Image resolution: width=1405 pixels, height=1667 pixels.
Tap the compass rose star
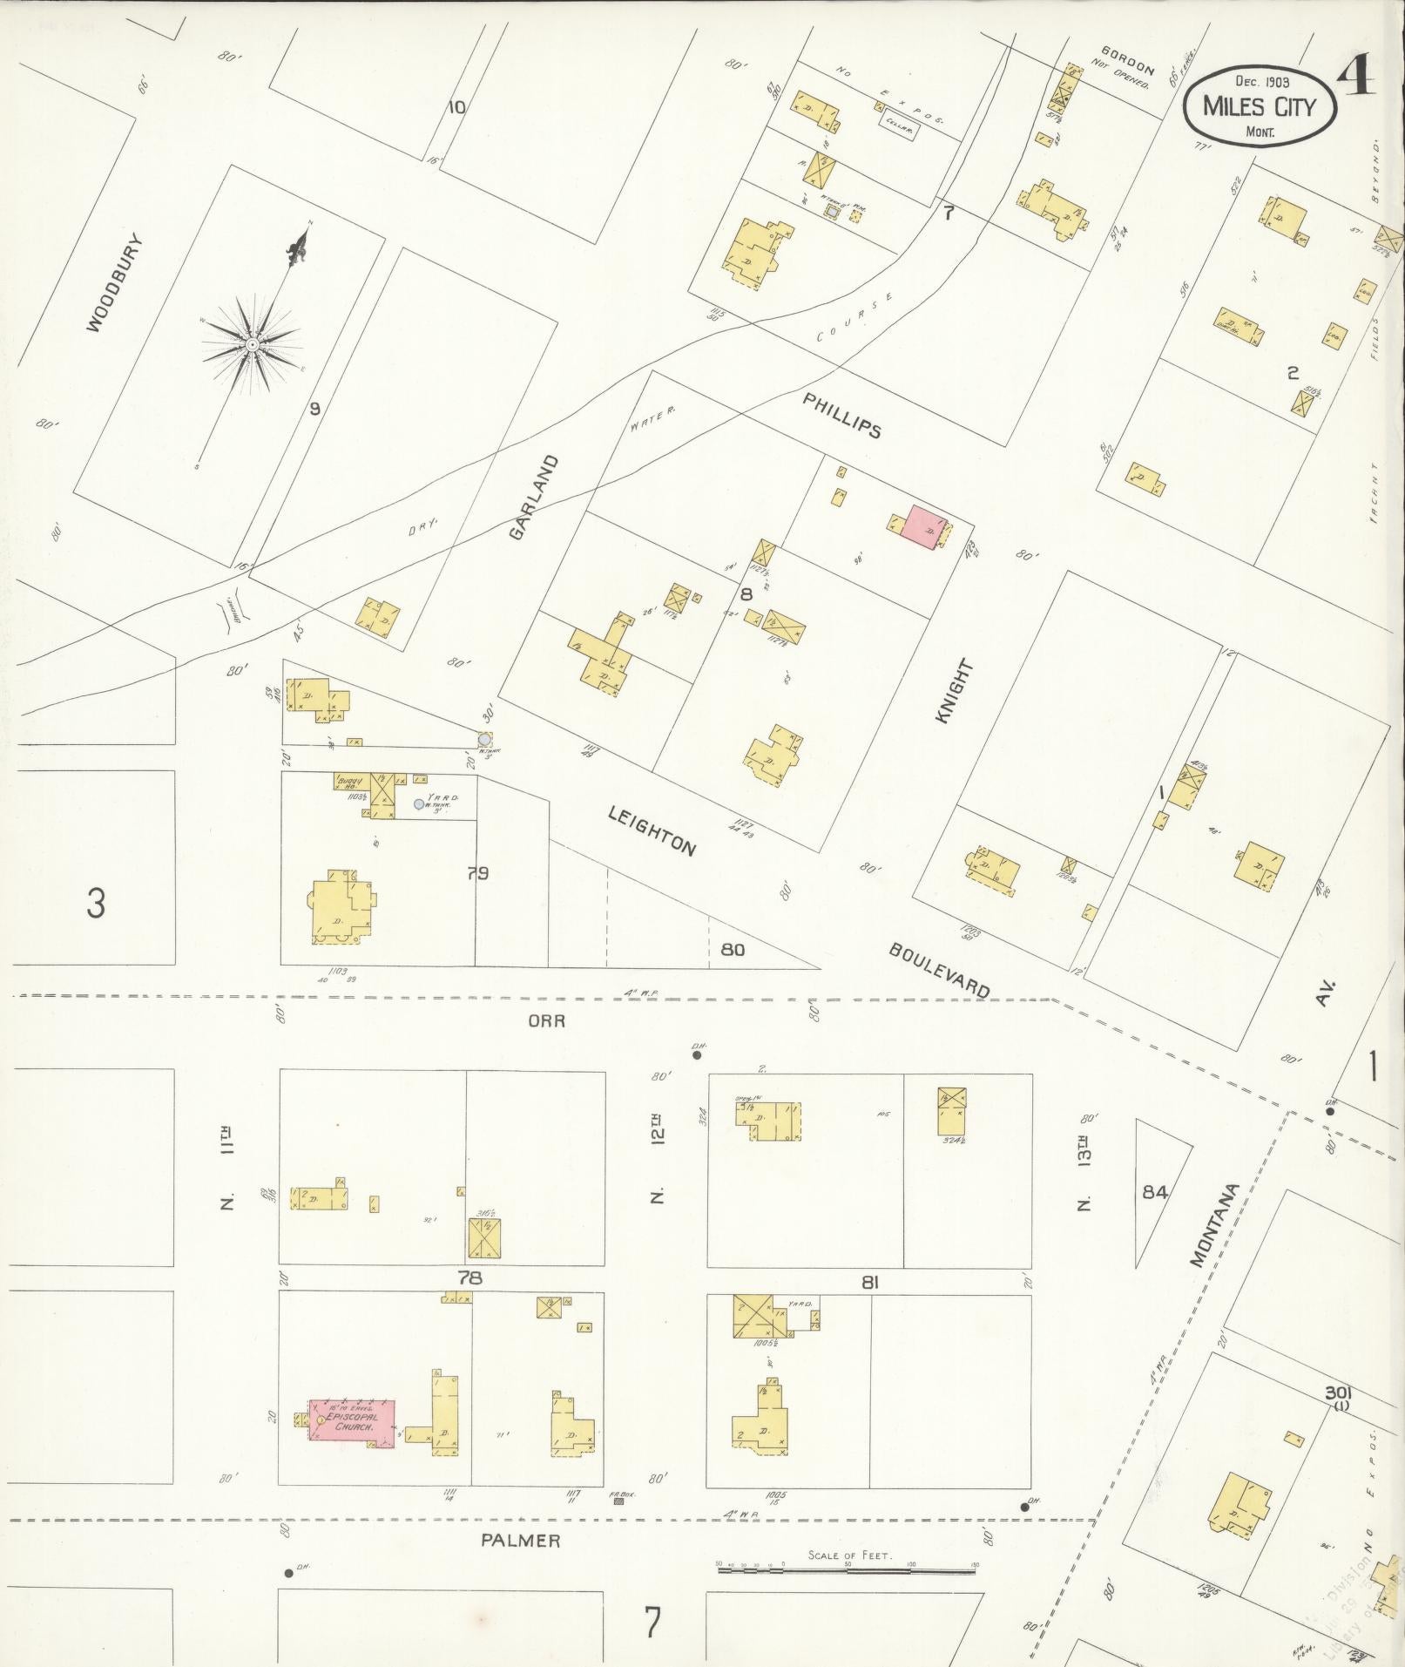[252, 346]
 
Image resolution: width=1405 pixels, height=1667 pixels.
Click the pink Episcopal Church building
[351, 1423]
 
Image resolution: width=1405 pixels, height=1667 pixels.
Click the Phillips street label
[841, 415]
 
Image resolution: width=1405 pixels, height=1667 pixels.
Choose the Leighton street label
[652, 830]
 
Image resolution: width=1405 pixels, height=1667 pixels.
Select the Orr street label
[546, 1020]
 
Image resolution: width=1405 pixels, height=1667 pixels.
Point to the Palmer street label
[521, 1540]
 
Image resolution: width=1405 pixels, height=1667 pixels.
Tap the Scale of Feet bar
[846, 1566]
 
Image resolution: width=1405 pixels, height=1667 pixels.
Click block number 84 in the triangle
[1154, 1191]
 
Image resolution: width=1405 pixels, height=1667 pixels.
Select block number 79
[477, 872]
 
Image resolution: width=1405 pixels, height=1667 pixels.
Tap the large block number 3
[96, 903]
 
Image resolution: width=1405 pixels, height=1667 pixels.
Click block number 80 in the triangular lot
[733, 949]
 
